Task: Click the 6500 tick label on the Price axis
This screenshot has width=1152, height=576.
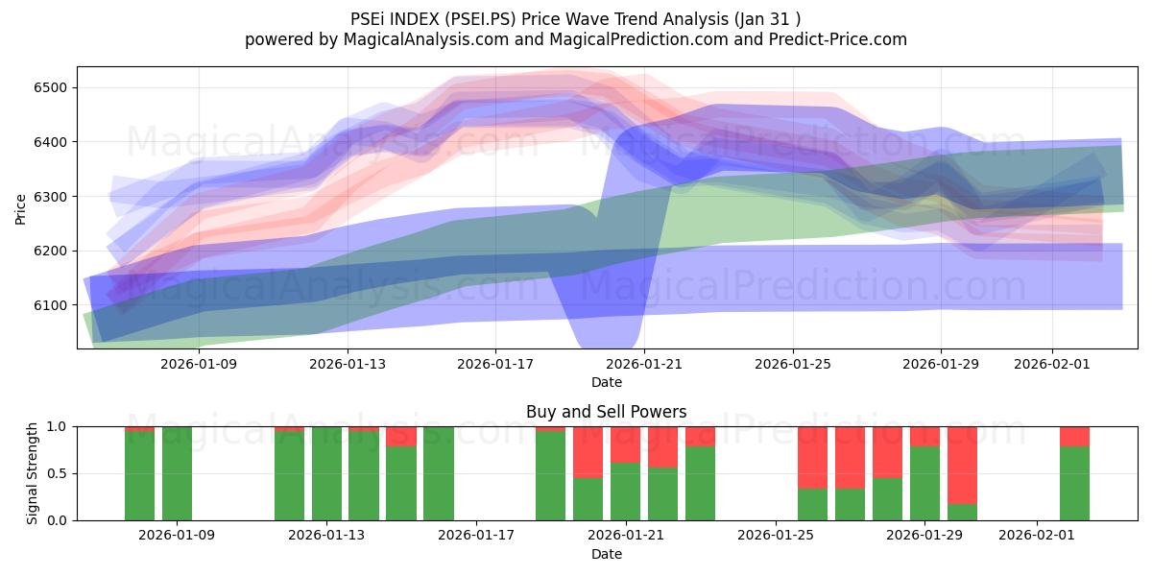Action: (51, 88)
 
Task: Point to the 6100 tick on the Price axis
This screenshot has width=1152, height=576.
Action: (51, 305)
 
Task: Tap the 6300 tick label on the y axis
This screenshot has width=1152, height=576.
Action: (51, 197)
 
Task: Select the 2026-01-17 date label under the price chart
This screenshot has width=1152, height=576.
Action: (495, 364)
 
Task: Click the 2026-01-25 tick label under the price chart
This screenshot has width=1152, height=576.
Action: (792, 364)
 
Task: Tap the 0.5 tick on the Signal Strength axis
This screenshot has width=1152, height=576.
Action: (58, 473)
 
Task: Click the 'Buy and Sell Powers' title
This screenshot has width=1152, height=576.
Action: (606, 412)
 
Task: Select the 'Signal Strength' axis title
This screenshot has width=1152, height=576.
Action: (33, 472)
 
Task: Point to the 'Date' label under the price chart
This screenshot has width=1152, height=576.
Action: (606, 382)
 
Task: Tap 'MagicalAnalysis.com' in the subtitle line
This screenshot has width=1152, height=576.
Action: (417, 39)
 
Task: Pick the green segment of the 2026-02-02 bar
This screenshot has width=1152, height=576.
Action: (1074, 483)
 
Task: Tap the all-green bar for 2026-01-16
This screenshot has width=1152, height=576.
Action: (439, 473)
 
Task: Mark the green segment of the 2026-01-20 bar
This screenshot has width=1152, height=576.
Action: (588, 499)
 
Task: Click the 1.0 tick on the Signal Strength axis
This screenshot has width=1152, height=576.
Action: (58, 426)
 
